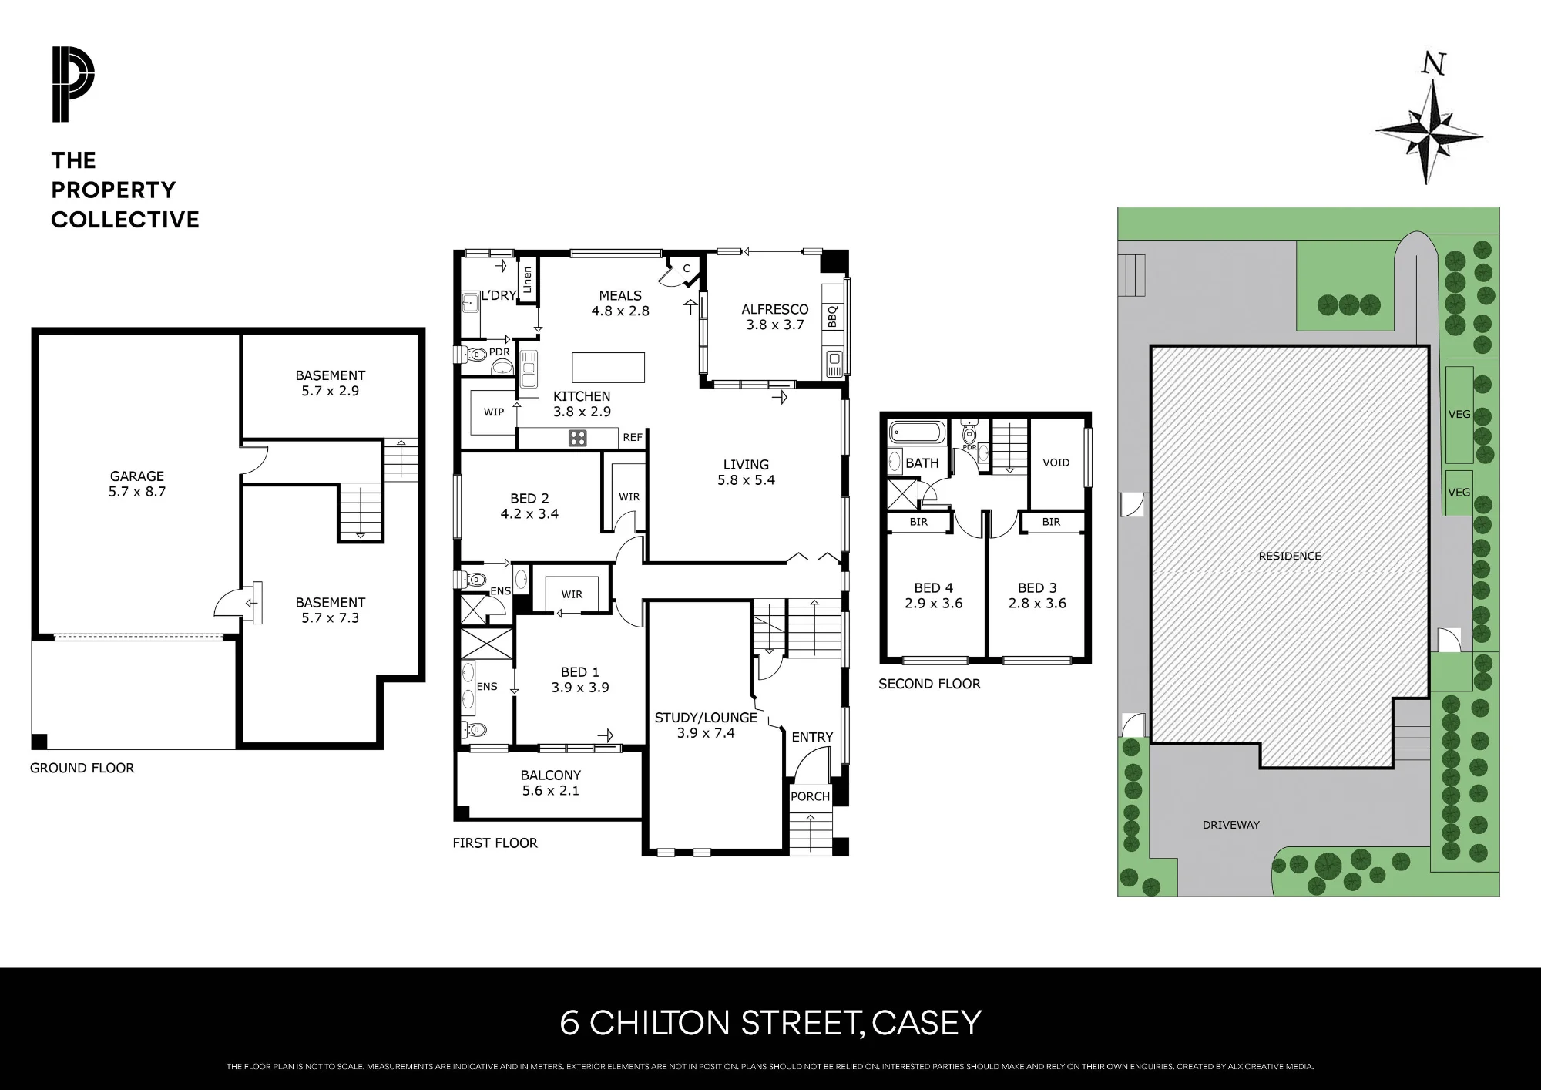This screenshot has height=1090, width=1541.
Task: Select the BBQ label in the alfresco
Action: click(832, 317)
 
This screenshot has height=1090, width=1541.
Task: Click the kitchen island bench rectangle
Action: click(609, 367)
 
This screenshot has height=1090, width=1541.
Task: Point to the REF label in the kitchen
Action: click(633, 437)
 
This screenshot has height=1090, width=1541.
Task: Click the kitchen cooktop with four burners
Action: click(577, 438)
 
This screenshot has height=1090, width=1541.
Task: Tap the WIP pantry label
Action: click(494, 412)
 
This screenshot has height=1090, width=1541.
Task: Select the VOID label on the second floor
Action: click(1056, 463)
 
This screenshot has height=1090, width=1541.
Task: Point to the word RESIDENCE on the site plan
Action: click(1290, 556)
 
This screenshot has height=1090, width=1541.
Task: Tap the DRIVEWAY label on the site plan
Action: click(1231, 825)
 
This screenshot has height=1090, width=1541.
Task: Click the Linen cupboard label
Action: click(528, 281)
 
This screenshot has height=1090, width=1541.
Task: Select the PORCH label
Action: click(811, 796)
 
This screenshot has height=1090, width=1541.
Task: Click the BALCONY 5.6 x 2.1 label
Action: click(550, 782)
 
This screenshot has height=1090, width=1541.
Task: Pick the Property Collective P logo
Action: click(73, 84)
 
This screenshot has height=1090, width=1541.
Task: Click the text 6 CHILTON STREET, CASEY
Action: click(770, 1023)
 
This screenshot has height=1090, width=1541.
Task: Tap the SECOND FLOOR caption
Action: click(930, 684)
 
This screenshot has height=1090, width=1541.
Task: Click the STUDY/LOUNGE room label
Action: click(706, 725)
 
